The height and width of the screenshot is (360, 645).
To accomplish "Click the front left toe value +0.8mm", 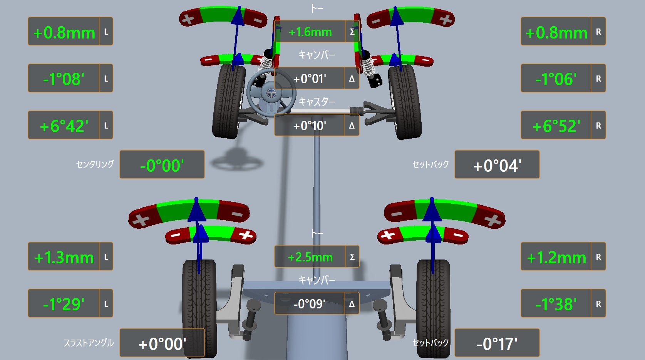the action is click(x=64, y=33).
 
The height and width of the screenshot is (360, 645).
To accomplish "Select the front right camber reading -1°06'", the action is click(x=556, y=79).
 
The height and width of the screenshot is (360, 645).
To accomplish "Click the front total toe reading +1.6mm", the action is click(x=310, y=32).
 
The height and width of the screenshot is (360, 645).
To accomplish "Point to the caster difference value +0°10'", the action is click(x=310, y=126).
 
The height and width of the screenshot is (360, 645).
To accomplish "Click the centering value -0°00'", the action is click(x=162, y=166).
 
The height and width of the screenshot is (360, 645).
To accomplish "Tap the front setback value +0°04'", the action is click(x=497, y=166).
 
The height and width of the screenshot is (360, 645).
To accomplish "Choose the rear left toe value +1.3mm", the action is click(x=64, y=258).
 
